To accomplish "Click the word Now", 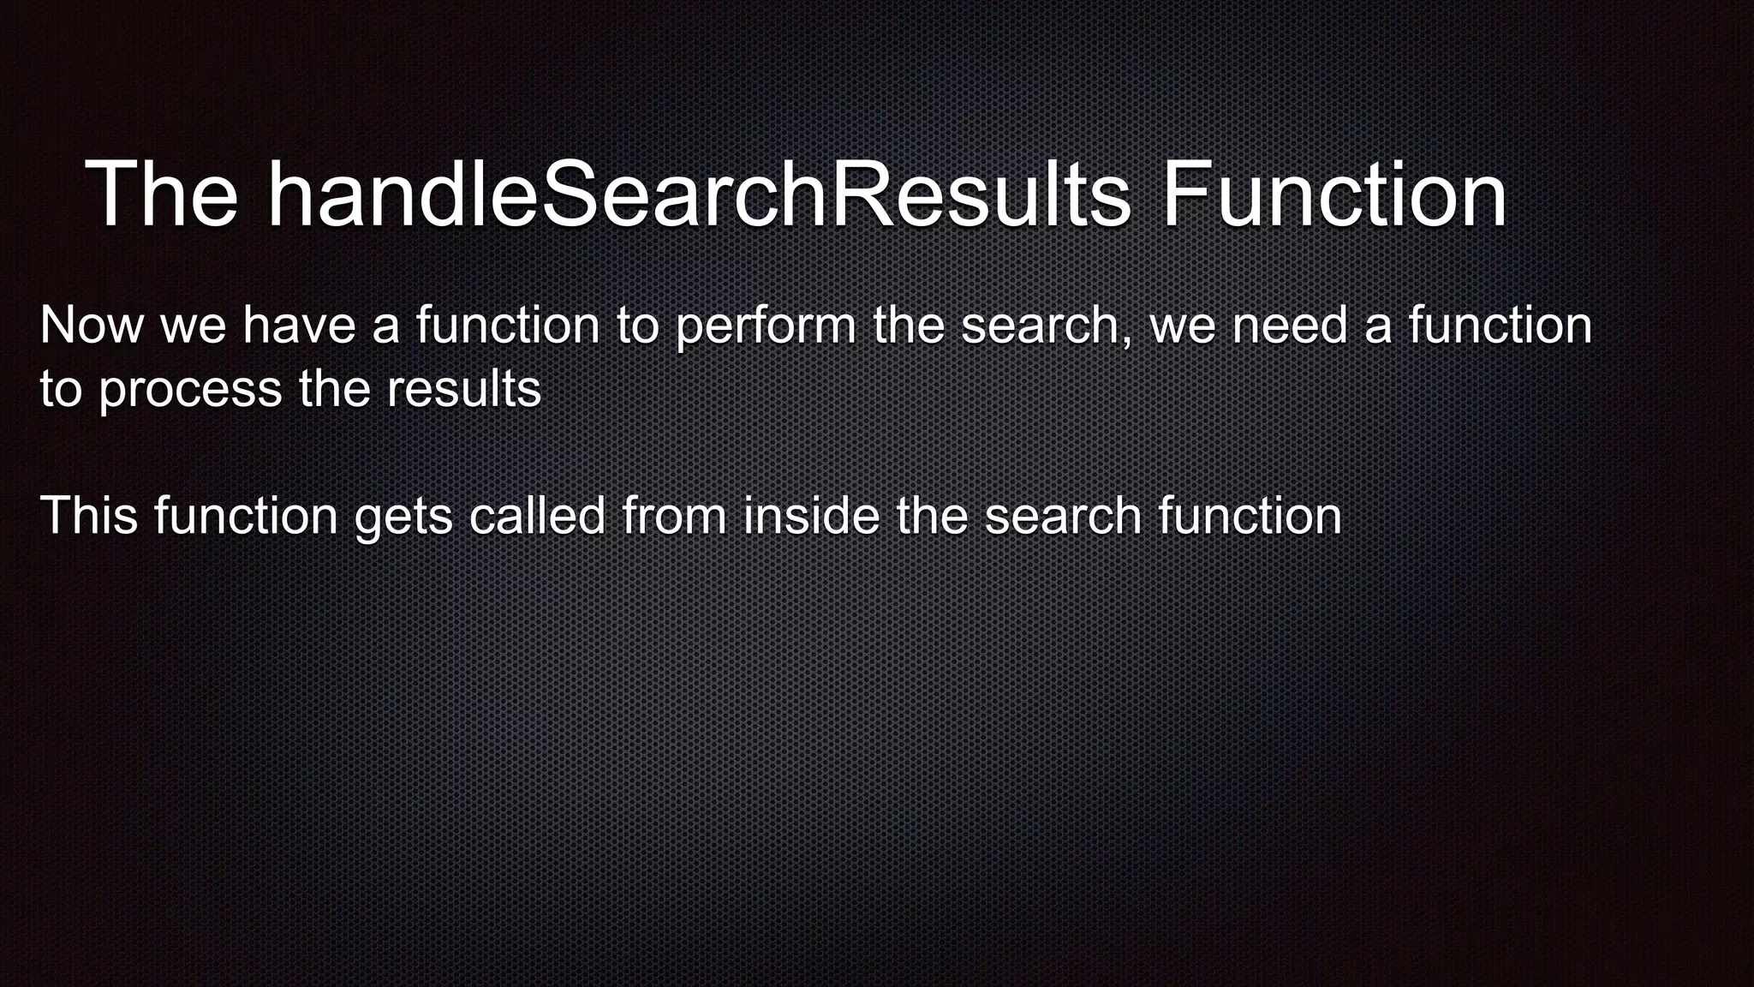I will (92, 326).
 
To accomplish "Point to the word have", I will (299, 326).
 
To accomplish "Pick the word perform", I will (765, 328).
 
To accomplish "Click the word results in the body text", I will (463, 390).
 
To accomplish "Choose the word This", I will (89, 516).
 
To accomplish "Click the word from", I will (674, 516).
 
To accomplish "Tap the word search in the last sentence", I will (1063, 516).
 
